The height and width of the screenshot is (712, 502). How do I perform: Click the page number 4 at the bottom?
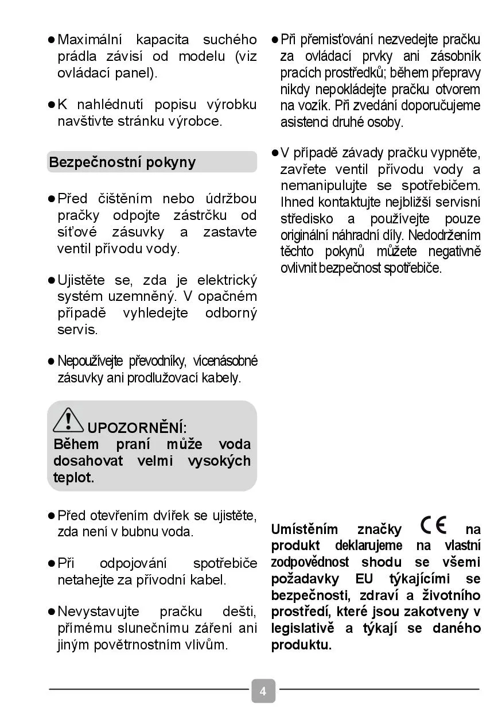[x=263, y=691]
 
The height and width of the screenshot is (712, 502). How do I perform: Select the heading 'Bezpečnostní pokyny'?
[x=122, y=162]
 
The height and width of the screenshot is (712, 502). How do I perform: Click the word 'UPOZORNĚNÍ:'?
[x=137, y=428]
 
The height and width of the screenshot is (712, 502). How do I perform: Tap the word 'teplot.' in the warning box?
[x=73, y=478]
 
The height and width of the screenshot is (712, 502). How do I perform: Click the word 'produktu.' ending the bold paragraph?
[x=301, y=645]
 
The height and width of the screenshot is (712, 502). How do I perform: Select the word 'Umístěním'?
[x=303, y=529]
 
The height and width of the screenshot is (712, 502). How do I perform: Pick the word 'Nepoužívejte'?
[x=90, y=361]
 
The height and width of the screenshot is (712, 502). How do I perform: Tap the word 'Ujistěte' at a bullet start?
[x=81, y=280]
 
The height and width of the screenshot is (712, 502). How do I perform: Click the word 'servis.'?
[x=77, y=330]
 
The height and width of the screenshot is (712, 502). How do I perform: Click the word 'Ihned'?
[x=297, y=202]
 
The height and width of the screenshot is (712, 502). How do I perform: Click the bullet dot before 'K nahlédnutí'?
[x=50, y=105]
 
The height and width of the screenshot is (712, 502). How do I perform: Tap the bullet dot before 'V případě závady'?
[x=274, y=153]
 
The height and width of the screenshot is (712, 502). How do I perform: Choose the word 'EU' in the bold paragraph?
[x=364, y=579]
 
